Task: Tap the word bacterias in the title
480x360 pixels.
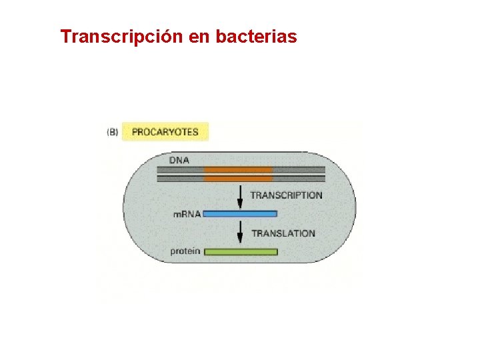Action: (257, 37)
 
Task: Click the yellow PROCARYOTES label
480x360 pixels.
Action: (165, 132)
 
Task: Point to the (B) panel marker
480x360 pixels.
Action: (113, 132)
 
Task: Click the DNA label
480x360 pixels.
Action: (179, 160)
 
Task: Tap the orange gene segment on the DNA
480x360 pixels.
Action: (238, 174)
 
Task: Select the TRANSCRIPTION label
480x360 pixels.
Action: (286, 195)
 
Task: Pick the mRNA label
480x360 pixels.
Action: (187, 214)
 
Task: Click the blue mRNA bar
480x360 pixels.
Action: (239, 214)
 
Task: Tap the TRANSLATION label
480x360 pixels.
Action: (283, 233)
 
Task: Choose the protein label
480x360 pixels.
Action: (184, 252)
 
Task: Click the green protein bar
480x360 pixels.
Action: (240, 252)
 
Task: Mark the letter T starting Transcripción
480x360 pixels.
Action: (65, 37)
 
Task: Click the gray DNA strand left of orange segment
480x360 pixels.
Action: (180, 174)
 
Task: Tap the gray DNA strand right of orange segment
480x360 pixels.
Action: (299, 174)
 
